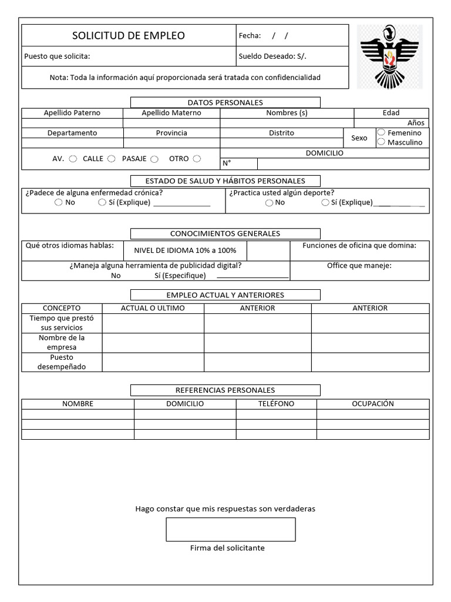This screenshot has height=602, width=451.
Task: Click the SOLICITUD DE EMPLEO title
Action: coord(128,36)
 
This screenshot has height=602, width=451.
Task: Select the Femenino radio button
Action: coord(381,132)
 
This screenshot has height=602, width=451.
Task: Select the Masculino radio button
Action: coord(381,142)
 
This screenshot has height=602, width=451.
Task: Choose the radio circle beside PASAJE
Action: coord(154,159)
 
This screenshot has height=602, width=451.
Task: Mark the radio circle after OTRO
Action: coord(197,158)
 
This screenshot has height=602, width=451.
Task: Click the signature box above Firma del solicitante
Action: coord(230,529)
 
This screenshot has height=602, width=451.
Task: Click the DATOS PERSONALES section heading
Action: coord(225,102)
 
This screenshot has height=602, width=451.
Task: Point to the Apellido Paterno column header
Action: coord(72,113)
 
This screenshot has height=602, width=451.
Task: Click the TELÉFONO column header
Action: coord(276,404)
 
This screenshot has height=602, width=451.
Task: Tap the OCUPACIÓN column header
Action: coord(372,404)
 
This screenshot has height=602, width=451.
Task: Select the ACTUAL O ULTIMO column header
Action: coord(153,308)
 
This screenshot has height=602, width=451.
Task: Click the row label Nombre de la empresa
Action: coord(62,342)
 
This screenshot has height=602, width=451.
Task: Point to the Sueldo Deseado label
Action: coord(272,56)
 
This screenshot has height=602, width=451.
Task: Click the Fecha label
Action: coord(250,36)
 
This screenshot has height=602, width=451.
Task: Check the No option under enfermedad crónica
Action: coord(59,202)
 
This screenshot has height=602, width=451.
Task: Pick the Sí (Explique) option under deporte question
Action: coord(325,202)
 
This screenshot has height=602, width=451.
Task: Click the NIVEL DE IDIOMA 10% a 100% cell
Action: coord(185,250)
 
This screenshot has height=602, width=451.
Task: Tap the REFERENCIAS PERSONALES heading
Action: coord(225,390)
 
